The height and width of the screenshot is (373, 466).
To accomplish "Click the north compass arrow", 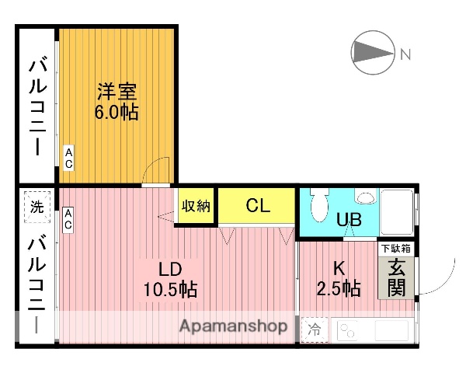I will pyautogui.click(x=371, y=52).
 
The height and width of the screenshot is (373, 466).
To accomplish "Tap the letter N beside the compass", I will pyautogui.click(x=405, y=54).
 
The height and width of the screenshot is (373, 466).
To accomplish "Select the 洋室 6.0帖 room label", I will pyautogui.click(x=117, y=101).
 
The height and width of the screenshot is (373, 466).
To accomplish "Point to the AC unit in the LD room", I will pyautogui.click(x=68, y=218).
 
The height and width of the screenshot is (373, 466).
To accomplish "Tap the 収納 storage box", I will pyautogui.click(x=196, y=206).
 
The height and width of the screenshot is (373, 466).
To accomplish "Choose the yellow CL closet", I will pyautogui.click(x=257, y=206).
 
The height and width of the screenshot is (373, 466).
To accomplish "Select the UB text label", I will pyautogui.click(x=349, y=219).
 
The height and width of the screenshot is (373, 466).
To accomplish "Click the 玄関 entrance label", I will pyautogui.click(x=397, y=277).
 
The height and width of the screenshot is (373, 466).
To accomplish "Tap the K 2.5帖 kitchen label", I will pyautogui.click(x=339, y=278).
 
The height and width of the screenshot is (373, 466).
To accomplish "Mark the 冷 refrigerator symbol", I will pyautogui.click(x=315, y=329).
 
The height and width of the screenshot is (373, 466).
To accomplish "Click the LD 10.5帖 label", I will pyautogui.click(x=169, y=281).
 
